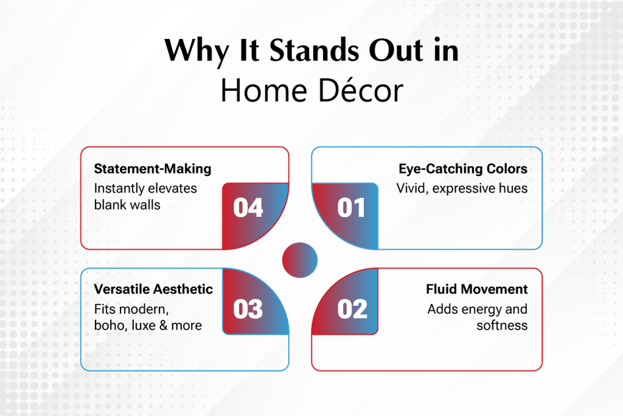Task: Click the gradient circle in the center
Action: click(x=300, y=259)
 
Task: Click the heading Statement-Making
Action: click(x=153, y=169)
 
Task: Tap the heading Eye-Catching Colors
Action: click(x=463, y=169)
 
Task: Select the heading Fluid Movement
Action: click(x=477, y=289)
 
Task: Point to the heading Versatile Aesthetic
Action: click(x=153, y=289)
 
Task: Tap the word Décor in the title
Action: click(x=361, y=91)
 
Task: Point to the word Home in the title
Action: click(x=264, y=91)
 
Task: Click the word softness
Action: click(x=502, y=325)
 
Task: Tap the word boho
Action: click(x=111, y=325)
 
